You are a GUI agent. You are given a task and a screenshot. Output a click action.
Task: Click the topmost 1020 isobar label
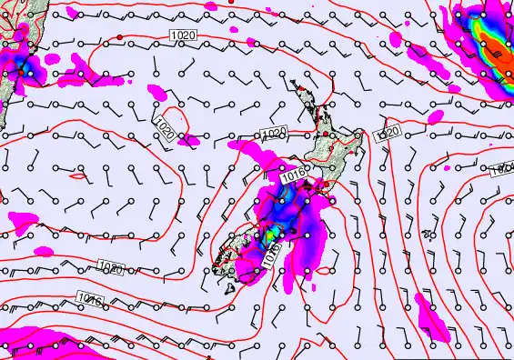(x=183, y=35)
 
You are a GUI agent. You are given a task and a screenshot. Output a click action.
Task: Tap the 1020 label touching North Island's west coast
(x=274, y=134)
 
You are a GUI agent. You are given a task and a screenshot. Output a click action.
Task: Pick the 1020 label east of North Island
(x=388, y=134)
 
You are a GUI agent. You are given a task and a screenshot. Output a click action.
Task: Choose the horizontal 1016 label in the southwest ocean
(x=89, y=297)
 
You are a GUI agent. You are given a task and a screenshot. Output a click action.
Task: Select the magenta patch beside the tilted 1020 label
(x=190, y=139)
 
